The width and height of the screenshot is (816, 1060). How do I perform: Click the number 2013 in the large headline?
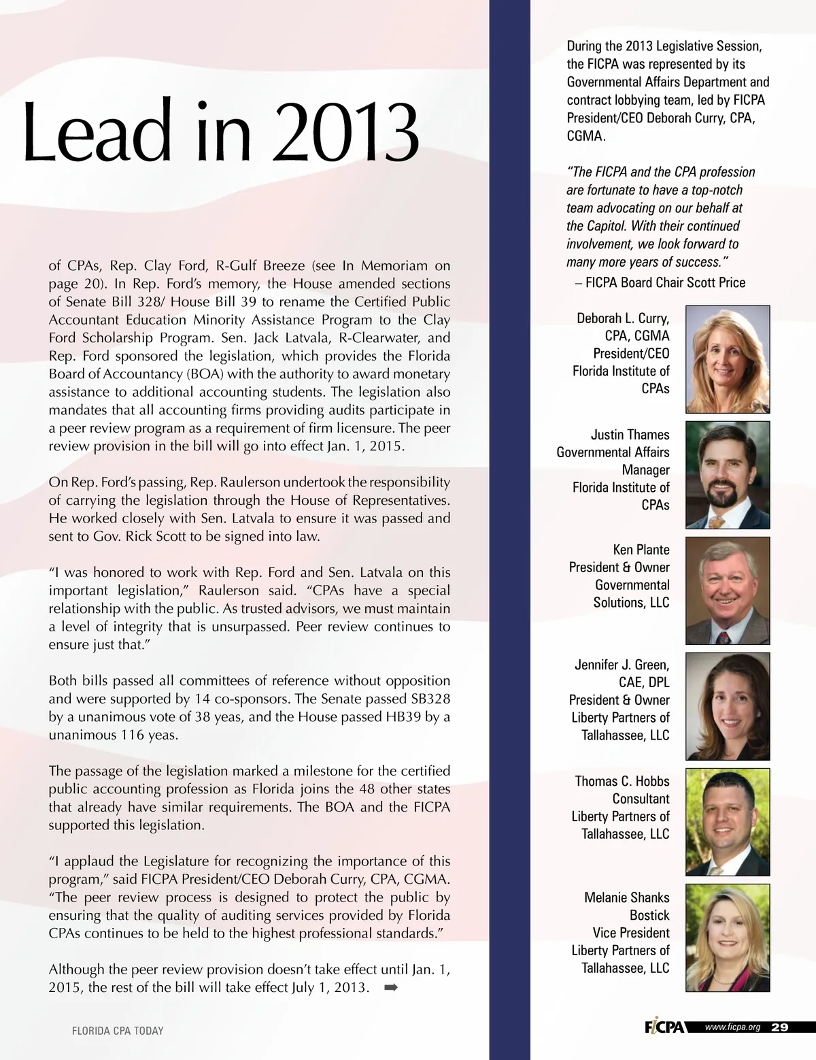pos(348,132)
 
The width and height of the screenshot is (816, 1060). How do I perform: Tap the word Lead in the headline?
pos(97,132)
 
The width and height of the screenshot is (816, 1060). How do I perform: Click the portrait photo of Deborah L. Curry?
pos(728,359)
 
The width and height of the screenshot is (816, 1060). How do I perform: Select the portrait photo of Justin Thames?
pos(728,475)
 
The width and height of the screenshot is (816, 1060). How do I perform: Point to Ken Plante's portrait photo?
pos(728,591)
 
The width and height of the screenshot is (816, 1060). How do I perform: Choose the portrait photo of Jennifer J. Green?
pos(728,706)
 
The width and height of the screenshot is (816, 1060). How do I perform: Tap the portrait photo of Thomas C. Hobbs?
pos(728,822)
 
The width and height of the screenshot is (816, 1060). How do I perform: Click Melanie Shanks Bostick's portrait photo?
pos(728,938)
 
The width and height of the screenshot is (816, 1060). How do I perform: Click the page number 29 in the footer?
pos(780,1027)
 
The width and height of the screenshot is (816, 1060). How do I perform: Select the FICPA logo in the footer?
pos(664,1027)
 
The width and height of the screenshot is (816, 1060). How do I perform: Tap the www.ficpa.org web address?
pos(732,1027)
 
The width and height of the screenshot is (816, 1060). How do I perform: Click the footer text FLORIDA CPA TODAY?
pos(118,1031)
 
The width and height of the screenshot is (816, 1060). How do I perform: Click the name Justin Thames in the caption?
pos(630,435)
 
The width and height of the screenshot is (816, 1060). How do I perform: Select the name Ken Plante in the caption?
pos(641,550)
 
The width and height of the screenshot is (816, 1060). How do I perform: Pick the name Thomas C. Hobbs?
pos(622,781)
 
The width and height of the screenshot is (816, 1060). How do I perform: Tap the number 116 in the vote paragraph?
pos(133,735)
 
